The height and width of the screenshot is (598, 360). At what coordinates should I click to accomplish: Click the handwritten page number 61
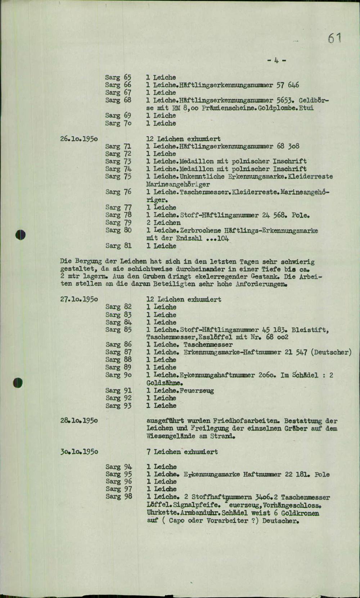point(334,38)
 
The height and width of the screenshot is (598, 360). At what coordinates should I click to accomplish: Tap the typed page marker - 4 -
point(277,60)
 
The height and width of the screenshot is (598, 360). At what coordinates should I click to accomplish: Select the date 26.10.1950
point(79,139)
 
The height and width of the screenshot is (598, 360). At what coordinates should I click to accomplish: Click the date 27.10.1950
point(79,299)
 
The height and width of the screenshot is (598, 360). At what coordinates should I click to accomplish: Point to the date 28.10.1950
point(79,421)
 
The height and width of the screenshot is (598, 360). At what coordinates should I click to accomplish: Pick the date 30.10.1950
point(79,451)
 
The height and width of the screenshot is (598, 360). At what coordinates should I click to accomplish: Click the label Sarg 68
point(118,100)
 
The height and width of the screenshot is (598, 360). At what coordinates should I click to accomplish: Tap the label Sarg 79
point(118,222)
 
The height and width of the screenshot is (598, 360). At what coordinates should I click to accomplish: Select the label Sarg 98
point(119,496)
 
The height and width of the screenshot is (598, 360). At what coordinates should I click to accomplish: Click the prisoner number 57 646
point(288,85)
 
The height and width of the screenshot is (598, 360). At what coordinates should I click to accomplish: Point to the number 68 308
point(288,146)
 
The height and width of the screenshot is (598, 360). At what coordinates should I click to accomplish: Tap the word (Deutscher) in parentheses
point(332,352)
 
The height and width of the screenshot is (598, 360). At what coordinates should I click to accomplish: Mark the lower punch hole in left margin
point(18,382)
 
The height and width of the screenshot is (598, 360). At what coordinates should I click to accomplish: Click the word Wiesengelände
point(171,436)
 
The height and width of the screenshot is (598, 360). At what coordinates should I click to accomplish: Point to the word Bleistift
point(311,330)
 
